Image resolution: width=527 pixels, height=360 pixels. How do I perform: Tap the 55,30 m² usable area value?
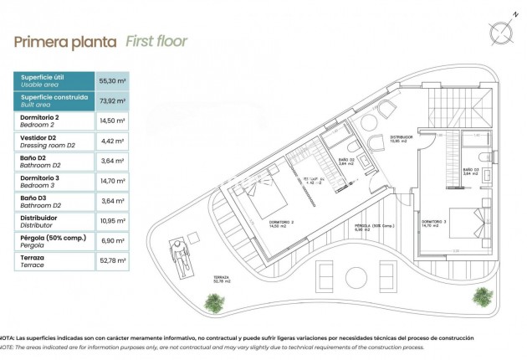pyautogui.click(x=113, y=80)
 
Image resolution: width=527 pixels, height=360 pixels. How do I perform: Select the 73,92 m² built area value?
pyautogui.click(x=113, y=100)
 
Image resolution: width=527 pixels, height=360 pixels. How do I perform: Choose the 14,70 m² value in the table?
pyautogui.click(x=113, y=181)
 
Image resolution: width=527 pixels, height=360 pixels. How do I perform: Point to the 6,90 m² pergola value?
pyautogui.click(x=113, y=241)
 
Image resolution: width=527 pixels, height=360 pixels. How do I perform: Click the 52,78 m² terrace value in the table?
pyautogui.click(x=113, y=261)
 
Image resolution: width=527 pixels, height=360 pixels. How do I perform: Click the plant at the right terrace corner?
pyautogui.click(x=483, y=296)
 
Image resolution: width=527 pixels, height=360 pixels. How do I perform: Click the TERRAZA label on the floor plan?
pyautogui.click(x=221, y=277)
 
